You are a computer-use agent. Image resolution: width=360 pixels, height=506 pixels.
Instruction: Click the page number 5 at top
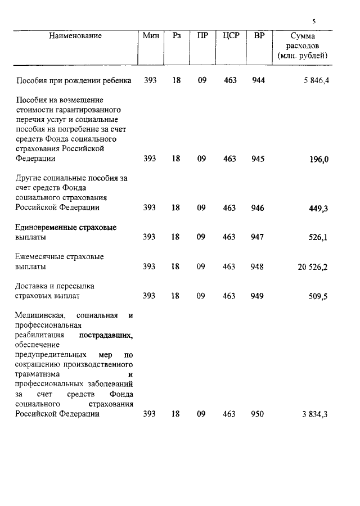coord(314,22)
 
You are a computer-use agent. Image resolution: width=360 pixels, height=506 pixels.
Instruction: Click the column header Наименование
coord(75,36)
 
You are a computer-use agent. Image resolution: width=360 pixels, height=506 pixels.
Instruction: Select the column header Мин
coord(150,36)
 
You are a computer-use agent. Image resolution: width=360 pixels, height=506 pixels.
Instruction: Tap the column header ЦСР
coord(231,36)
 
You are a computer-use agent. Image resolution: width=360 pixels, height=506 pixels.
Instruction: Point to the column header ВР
coord(259,36)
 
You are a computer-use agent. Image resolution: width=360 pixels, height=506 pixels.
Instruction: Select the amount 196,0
coord(319,160)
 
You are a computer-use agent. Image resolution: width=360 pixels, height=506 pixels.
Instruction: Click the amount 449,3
coord(319,208)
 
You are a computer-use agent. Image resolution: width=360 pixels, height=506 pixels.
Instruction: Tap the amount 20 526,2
coord(313,267)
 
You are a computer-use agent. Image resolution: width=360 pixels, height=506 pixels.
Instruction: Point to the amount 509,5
coord(318,296)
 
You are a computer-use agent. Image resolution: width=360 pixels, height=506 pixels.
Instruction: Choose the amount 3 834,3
coord(315,414)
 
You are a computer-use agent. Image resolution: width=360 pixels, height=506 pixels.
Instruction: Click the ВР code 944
coord(258,80)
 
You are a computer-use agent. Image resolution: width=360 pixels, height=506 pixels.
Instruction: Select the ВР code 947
coord(258,237)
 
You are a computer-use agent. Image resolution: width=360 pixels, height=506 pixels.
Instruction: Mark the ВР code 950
coord(258,414)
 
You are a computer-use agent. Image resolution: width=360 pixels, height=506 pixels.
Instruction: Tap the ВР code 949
coord(258,296)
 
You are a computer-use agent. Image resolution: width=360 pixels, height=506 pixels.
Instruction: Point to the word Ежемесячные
coord(39,257)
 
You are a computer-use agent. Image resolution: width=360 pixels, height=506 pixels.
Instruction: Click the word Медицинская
coord(39,315)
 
